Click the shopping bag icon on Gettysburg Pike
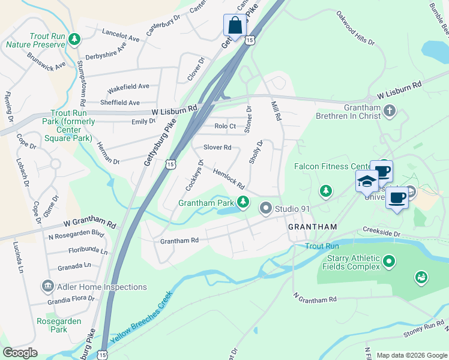click(235, 26)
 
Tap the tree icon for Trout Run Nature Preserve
click(74, 40)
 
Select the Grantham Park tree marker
click(243, 202)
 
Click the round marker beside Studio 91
click(267, 209)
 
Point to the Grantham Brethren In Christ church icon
click(390, 111)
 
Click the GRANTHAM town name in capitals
click(312, 227)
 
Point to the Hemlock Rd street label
click(229, 178)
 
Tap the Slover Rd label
click(217, 147)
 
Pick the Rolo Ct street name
click(225, 126)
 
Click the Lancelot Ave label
click(121, 35)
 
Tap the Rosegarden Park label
click(59, 325)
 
